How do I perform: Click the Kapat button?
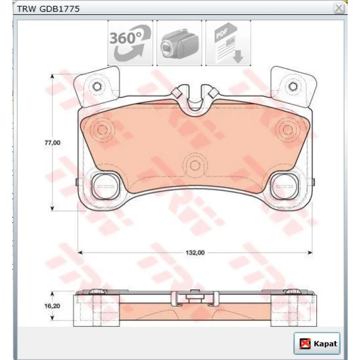click(317, 344)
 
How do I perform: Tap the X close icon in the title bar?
click(339, 9)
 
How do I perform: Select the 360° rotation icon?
click(130, 43)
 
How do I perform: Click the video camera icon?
click(179, 43)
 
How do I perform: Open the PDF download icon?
click(228, 43)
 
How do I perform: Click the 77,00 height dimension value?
click(52, 142)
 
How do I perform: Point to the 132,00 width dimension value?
click(195, 253)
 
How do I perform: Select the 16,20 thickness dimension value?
click(52, 306)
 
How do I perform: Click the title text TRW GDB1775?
click(48, 9)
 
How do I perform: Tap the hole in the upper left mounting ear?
click(97, 86)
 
